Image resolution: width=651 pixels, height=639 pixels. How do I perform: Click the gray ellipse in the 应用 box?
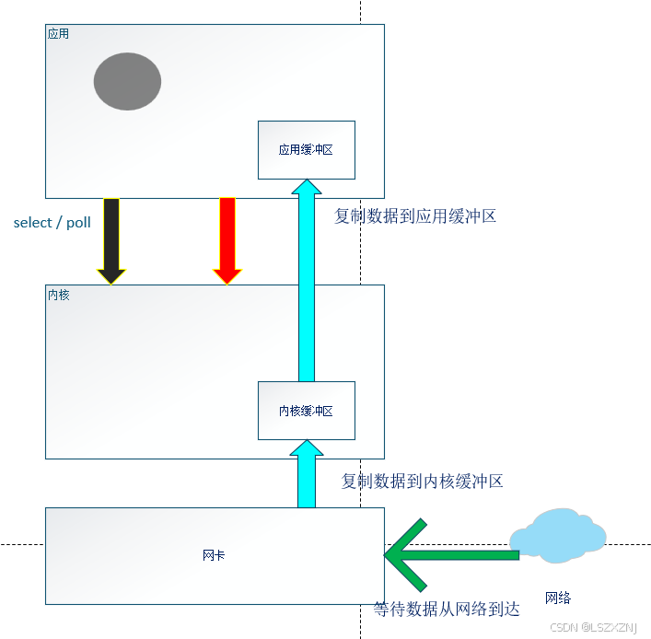[127, 81]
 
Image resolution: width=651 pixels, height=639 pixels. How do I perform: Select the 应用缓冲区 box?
[306, 149]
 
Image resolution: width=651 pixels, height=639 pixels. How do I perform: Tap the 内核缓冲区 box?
[306, 411]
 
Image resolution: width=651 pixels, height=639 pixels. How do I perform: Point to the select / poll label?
[52, 223]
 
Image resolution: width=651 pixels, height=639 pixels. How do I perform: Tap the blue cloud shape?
[558, 535]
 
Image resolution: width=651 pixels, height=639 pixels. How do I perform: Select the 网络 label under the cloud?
[558, 598]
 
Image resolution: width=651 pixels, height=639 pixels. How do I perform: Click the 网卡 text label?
[214, 555]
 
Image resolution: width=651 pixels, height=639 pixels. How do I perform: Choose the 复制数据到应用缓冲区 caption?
[415, 216]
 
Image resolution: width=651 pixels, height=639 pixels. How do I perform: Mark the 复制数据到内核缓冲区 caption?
[422, 481]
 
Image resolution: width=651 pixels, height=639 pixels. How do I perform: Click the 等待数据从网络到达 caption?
[447, 610]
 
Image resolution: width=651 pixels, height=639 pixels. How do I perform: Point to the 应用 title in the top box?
[58, 33]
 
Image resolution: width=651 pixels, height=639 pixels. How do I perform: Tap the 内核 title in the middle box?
[58, 295]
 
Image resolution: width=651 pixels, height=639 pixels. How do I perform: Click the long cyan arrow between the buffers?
[306, 285]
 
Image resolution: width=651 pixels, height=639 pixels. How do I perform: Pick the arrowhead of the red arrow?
[227, 275]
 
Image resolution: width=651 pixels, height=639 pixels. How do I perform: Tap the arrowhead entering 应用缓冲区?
[306, 188]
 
